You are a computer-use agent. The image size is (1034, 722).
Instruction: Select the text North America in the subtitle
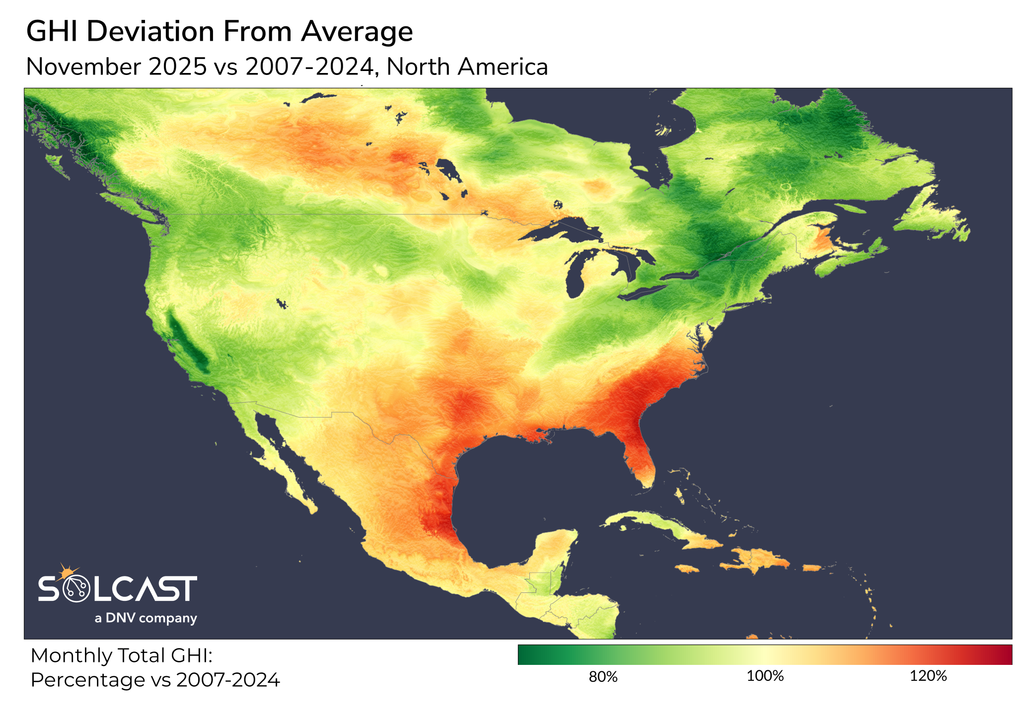click(467, 67)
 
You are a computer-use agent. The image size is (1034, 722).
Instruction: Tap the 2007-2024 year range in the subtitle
click(309, 67)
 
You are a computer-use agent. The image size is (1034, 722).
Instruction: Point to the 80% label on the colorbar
click(603, 677)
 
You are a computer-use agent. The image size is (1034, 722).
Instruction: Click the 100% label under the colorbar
click(765, 676)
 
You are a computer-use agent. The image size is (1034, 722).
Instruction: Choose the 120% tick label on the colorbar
click(928, 676)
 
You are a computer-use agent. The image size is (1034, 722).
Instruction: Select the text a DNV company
click(146, 618)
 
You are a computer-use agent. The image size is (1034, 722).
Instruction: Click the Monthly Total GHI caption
click(122, 656)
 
